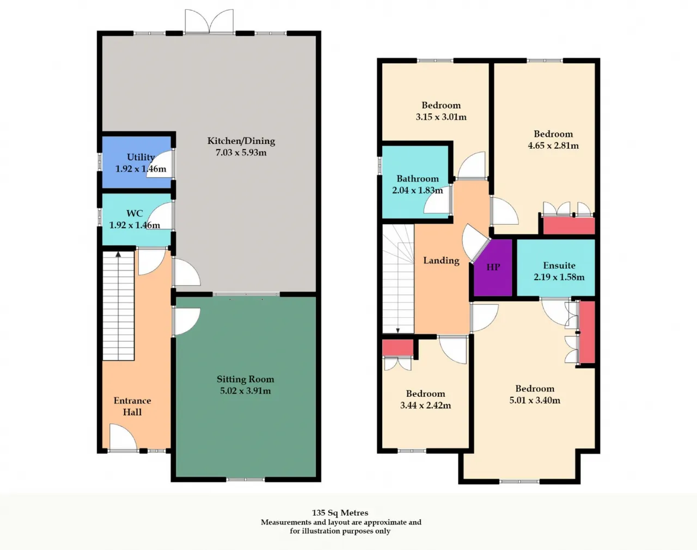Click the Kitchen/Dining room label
tap(241, 141)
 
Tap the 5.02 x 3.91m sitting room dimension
tap(245, 391)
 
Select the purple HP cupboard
tap(493, 268)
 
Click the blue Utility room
tap(137, 162)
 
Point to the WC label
tap(134, 213)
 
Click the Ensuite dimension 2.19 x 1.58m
tap(559, 277)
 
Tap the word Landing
tap(441, 261)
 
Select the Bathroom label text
tap(418, 179)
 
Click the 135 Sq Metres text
tap(340, 513)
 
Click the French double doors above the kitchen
tap(209, 21)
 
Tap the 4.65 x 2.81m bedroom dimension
tap(553, 146)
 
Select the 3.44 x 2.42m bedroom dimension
tap(425, 406)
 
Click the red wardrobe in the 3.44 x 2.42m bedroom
tap(398, 348)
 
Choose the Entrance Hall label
tap(132, 406)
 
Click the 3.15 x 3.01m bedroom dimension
tap(441, 117)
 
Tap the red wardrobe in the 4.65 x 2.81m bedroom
tap(569, 226)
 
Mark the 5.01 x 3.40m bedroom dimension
tap(535, 400)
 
